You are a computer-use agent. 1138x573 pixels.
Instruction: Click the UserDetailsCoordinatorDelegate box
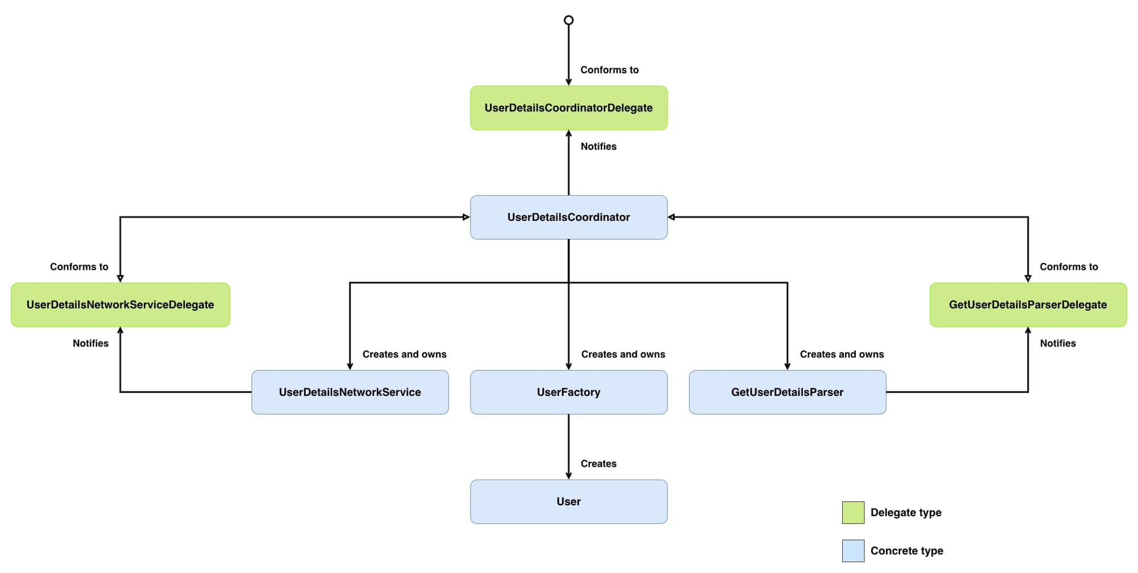click(568, 108)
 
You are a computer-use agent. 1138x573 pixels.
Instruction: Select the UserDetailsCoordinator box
click(568, 217)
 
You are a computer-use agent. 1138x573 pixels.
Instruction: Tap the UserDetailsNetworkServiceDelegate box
click(120, 305)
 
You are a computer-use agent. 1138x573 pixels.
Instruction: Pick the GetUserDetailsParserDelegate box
click(1028, 305)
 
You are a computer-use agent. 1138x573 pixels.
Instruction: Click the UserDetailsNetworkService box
click(350, 392)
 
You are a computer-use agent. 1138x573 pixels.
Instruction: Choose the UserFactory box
click(568, 392)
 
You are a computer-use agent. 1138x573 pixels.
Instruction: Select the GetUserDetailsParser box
click(787, 392)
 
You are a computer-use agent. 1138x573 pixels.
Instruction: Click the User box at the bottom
click(568, 501)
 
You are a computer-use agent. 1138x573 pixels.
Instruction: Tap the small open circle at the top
click(568, 20)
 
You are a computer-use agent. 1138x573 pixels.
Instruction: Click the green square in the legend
click(853, 512)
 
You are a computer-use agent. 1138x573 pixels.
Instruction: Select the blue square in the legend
click(853, 551)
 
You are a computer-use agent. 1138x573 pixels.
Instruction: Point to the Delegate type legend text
click(906, 513)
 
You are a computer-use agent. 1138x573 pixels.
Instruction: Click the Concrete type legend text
click(906, 551)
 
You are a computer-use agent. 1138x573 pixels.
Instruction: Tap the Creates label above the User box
click(598, 464)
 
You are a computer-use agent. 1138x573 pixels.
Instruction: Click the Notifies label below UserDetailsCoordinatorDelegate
click(598, 146)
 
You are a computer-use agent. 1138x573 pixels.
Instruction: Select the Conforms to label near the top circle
click(609, 70)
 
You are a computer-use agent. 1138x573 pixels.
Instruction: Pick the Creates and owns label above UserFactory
click(623, 354)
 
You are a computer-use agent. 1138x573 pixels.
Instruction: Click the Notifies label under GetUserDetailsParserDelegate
click(1058, 343)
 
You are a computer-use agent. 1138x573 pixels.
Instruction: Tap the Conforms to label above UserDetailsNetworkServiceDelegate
click(79, 267)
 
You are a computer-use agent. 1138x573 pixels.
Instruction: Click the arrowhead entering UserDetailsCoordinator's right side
click(671, 217)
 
